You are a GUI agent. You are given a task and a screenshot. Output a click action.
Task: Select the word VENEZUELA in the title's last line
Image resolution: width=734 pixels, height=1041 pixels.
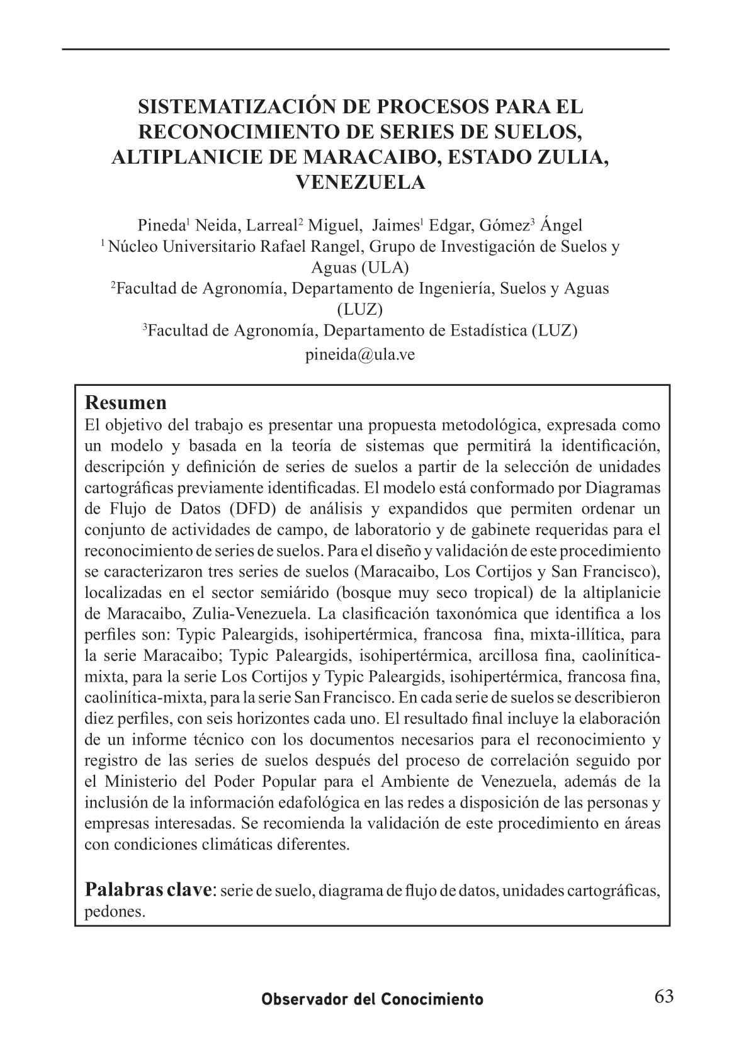[x=360, y=183]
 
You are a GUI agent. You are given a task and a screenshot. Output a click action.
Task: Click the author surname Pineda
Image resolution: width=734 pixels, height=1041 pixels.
[x=160, y=225]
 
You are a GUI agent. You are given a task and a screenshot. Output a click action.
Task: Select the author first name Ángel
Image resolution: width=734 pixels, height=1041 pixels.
[x=562, y=225]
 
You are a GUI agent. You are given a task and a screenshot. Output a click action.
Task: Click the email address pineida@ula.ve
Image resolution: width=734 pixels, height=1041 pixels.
[x=359, y=354]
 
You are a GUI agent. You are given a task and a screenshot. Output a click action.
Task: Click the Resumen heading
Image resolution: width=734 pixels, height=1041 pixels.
[x=125, y=402]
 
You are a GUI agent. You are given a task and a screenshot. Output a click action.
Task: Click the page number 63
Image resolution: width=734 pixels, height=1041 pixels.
[x=663, y=997]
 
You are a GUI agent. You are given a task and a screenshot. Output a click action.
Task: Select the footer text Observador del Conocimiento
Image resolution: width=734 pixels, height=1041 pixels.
[x=373, y=999]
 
